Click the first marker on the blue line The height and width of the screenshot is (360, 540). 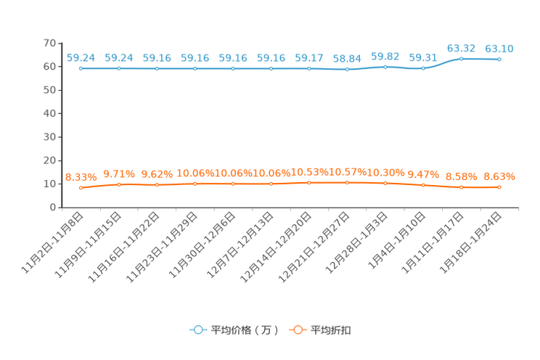tap(81, 69)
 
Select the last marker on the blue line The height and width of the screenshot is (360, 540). tap(499, 60)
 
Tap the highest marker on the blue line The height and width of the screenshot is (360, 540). tap(462, 58)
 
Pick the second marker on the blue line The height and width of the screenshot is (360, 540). tap(119, 69)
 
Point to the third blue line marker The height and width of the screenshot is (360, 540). tap(157, 69)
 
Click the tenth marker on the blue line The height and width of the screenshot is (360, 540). tap(424, 68)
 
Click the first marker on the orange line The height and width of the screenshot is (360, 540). tap(81, 188)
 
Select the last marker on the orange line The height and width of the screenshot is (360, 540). tap(499, 187)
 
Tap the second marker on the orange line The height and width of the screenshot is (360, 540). tap(119, 185)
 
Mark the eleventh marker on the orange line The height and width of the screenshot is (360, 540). tap(462, 187)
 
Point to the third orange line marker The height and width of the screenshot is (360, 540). tap(157, 185)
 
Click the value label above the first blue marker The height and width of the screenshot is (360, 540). tap(81, 57)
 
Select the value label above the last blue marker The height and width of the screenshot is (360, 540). tap(499, 49)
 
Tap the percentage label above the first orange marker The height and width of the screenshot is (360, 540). tap(81, 176)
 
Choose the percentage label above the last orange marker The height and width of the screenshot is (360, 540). tap(499, 176)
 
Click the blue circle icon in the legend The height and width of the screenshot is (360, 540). tap(197, 330)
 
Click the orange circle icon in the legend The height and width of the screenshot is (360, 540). tap(298, 330)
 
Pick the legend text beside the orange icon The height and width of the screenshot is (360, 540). tap(332, 331)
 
